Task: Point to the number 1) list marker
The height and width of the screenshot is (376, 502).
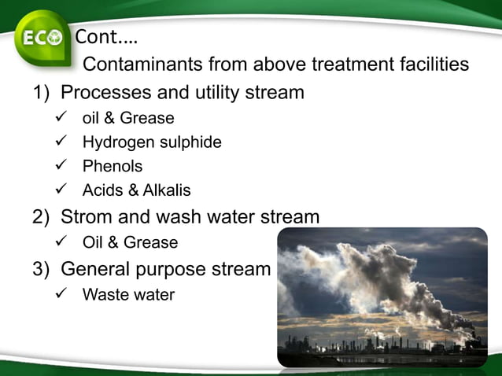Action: tap(41, 93)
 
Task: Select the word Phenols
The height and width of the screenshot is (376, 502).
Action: tap(113, 167)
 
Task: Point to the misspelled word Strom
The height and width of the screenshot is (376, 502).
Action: tap(87, 216)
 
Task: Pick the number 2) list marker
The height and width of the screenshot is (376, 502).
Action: tap(41, 216)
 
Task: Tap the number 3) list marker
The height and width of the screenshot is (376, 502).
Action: tap(41, 269)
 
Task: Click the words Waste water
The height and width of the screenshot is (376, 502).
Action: tap(128, 295)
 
